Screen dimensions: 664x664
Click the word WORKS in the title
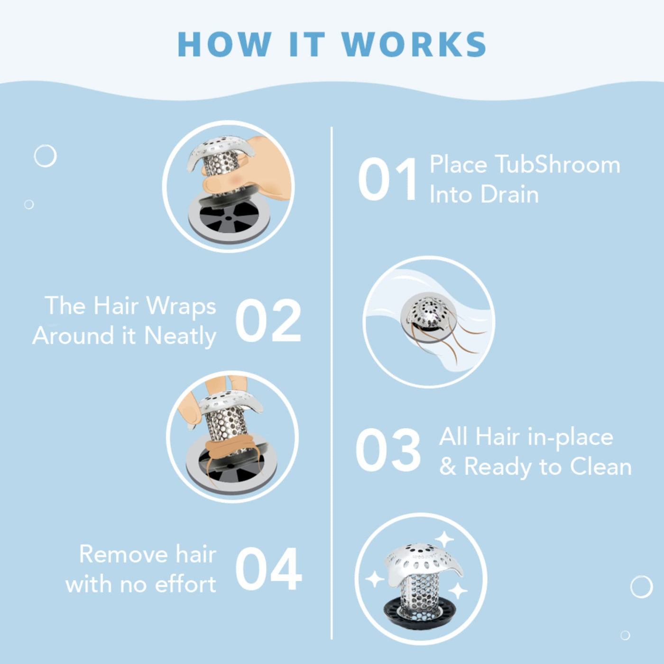tap(414, 44)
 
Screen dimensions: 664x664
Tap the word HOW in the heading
tap(225, 44)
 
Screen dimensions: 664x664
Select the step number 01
tap(387, 179)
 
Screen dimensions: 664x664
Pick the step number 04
tap(269, 569)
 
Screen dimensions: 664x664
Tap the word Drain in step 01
tap(509, 194)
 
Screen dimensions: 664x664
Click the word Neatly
tap(180, 336)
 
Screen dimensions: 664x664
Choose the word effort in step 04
tap(185, 584)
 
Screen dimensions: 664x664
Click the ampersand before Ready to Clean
tap(448, 467)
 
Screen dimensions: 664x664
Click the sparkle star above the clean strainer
tap(444, 539)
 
